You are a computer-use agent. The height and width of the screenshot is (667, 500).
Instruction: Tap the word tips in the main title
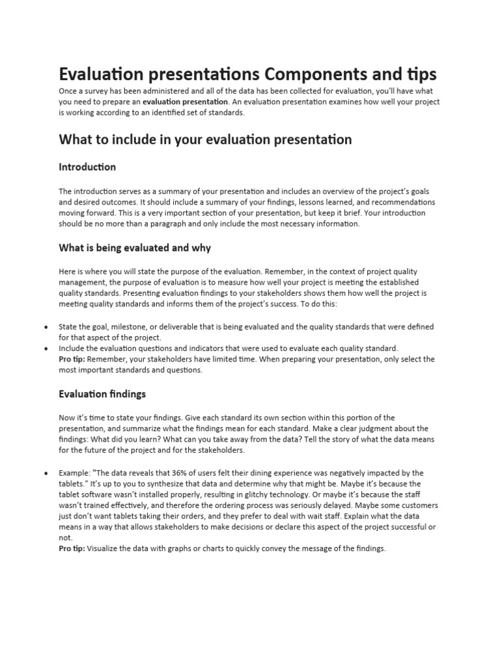pyautogui.click(x=419, y=73)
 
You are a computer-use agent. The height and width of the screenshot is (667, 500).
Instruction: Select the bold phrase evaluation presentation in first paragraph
pyautogui.click(x=186, y=102)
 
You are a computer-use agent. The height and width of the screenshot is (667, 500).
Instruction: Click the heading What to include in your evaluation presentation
pyautogui.click(x=205, y=139)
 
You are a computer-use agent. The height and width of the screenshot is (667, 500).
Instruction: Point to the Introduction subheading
pyautogui.click(x=87, y=167)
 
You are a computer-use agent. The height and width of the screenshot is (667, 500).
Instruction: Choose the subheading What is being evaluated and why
pyautogui.click(x=135, y=248)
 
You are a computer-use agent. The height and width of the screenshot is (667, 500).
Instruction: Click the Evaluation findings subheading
pyautogui.click(x=102, y=394)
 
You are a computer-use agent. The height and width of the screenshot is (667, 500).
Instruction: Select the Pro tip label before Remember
pyautogui.click(x=72, y=359)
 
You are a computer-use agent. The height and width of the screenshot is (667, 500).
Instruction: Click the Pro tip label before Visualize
pyautogui.click(x=72, y=548)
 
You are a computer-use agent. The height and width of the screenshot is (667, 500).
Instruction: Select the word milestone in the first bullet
pyautogui.click(x=131, y=326)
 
